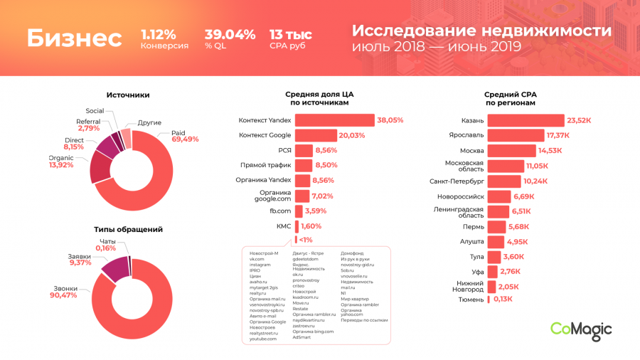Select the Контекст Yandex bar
[334, 120]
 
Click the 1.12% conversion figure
[159, 35]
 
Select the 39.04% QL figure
[230, 35]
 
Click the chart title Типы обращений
[129, 229]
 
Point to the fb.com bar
[298, 211]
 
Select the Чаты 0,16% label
[107, 245]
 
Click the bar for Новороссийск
[498, 196]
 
